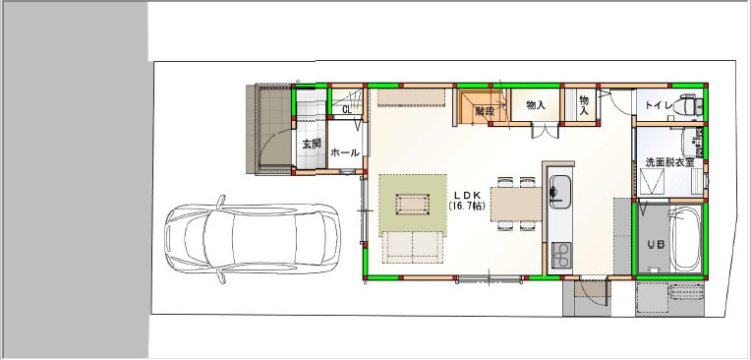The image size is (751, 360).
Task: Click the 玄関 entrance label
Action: (x=312, y=144)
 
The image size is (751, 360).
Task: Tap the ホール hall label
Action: (x=345, y=152)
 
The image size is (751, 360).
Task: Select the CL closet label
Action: (x=347, y=110)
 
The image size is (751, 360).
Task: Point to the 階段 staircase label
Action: (x=485, y=111)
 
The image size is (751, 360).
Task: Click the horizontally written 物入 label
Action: (x=536, y=105)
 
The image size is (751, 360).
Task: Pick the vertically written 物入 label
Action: (x=584, y=105)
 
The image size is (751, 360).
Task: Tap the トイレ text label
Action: (x=659, y=105)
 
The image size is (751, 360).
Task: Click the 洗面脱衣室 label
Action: (x=669, y=162)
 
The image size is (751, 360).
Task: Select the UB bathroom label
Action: (x=657, y=245)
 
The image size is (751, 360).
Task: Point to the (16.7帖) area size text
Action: (x=468, y=206)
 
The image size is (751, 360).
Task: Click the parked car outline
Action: (x=253, y=239)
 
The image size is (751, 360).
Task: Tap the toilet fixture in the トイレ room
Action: (x=689, y=105)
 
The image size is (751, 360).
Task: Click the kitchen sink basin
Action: (x=560, y=191)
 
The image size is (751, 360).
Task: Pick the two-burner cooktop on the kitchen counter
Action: (x=561, y=255)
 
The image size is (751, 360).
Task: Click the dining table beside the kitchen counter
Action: (x=516, y=205)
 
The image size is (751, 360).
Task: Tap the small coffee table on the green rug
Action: (x=413, y=205)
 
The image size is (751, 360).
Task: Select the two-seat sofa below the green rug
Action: (x=413, y=247)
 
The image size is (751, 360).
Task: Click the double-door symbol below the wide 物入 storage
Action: (x=545, y=132)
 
